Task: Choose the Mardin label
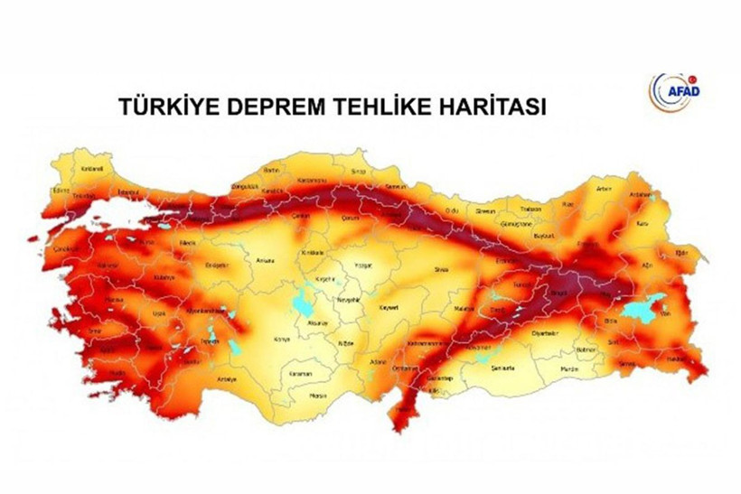tap(567, 368)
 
